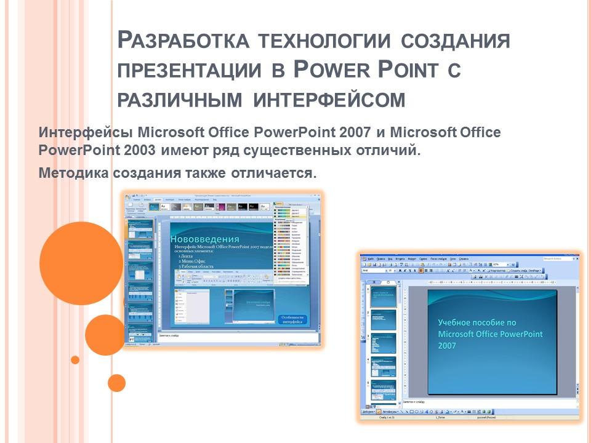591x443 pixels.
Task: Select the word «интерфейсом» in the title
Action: (329, 98)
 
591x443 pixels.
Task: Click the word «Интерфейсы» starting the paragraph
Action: (86, 132)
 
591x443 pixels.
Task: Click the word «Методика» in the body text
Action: (74, 173)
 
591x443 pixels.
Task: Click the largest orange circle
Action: (72, 263)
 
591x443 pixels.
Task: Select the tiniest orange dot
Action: (75, 360)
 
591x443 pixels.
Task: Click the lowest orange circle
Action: (116, 383)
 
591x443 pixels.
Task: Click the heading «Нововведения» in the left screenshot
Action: (204, 239)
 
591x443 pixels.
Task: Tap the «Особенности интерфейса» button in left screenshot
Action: (292, 320)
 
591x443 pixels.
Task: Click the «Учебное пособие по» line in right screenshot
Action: (476, 322)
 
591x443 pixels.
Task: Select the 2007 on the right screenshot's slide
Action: (448, 346)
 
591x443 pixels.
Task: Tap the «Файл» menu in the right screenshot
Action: (371, 259)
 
